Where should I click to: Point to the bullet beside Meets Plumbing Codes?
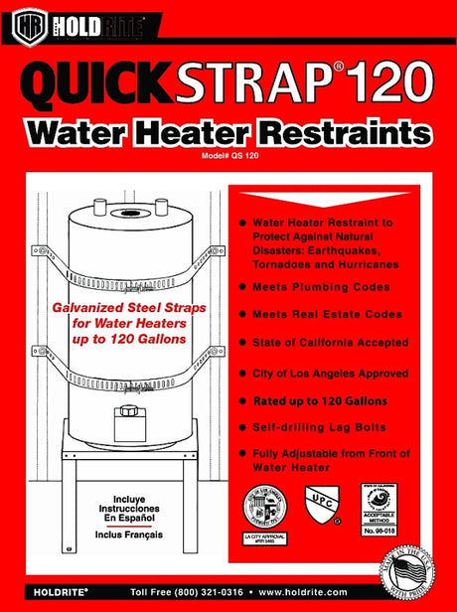(x=241, y=286)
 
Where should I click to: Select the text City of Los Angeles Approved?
(x=330, y=373)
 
